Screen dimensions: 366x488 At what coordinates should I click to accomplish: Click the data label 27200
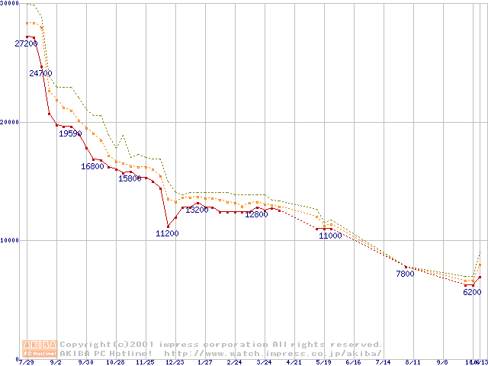coord(26,44)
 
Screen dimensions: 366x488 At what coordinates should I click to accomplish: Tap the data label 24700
coord(40,73)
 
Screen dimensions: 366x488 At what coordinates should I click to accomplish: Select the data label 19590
coord(70,133)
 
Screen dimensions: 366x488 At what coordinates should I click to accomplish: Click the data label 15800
coord(130,178)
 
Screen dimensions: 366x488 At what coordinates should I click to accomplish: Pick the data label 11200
coord(167,233)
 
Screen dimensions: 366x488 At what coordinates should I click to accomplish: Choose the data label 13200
coord(197,210)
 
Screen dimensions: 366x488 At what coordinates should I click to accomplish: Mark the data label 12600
coord(256,214)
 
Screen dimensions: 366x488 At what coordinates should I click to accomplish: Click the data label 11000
coord(330,236)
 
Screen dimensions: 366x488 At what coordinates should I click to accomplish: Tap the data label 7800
coord(405,274)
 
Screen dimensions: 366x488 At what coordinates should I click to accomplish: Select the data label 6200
coord(472,292)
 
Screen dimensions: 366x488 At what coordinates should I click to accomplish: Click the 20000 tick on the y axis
coord(8,122)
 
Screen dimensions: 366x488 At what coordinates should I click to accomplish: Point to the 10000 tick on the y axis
coord(8,240)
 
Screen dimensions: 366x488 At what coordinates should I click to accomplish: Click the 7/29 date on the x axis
coord(26,362)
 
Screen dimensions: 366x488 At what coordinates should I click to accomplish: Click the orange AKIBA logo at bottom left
coord(40,348)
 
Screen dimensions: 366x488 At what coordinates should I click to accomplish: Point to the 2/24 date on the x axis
coord(234,362)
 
